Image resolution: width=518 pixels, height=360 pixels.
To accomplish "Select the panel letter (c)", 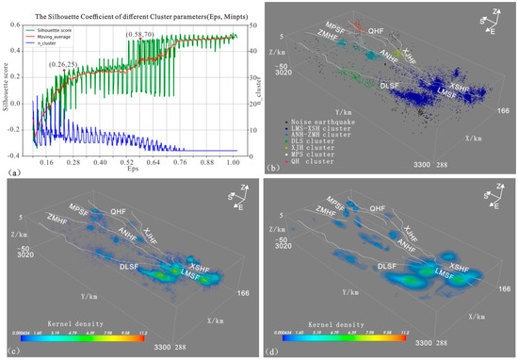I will pyautogui.click(x=12, y=352).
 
